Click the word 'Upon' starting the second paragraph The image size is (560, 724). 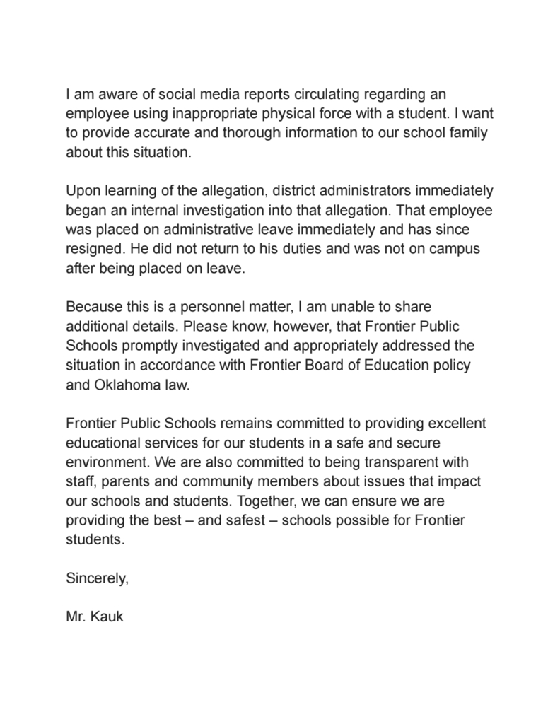point(81,191)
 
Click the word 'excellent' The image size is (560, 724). point(450,424)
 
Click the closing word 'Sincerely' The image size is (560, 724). point(96,578)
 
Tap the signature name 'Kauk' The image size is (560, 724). point(107,617)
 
